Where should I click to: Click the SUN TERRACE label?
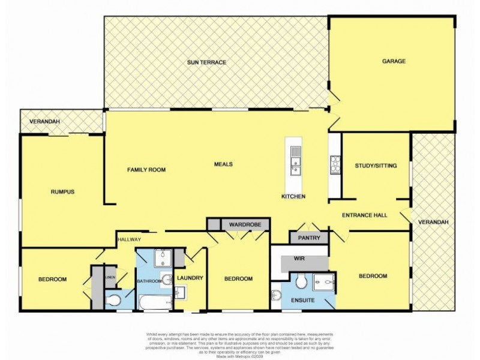click(206, 62)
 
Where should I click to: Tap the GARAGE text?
click(394, 61)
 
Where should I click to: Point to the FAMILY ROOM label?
click(146, 170)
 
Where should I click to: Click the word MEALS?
click(223, 164)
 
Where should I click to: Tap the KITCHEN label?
click(294, 197)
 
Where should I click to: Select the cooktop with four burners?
click(335, 163)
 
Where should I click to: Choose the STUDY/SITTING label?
click(376, 165)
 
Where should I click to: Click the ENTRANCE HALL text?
click(364, 215)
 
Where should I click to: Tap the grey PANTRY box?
click(310, 238)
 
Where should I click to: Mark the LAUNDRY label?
click(190, 278)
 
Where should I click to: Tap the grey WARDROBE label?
click(245, 224)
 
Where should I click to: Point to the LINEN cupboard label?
click(109, 277)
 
